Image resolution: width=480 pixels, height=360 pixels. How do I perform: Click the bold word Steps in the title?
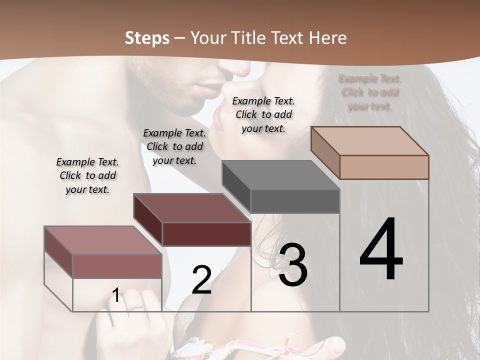point(147,38)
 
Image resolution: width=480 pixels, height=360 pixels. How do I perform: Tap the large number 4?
point(381,249)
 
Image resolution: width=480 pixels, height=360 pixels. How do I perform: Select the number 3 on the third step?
point(292,265)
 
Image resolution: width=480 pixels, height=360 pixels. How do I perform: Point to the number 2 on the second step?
point(201,280)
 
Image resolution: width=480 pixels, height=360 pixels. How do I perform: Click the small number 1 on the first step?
point(115,295)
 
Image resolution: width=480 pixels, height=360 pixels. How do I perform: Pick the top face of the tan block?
point(370,141)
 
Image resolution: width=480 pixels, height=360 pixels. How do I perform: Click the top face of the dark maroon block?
point(192,208)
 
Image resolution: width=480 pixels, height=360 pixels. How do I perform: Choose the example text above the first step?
point(87,175)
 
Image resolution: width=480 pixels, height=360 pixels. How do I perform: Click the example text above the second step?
point(174,146)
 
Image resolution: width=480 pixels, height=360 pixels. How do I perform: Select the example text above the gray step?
point(263,114)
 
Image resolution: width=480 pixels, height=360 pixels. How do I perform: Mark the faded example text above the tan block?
point(369,92)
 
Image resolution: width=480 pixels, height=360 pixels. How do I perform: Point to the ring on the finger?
point(135,307)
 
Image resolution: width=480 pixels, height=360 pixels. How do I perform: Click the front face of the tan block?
point(384,167)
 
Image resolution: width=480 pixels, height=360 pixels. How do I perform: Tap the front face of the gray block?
point(295,201)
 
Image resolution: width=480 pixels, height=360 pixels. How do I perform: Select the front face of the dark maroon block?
point(206,234)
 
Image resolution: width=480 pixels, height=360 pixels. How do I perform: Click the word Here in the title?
point(329,38)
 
